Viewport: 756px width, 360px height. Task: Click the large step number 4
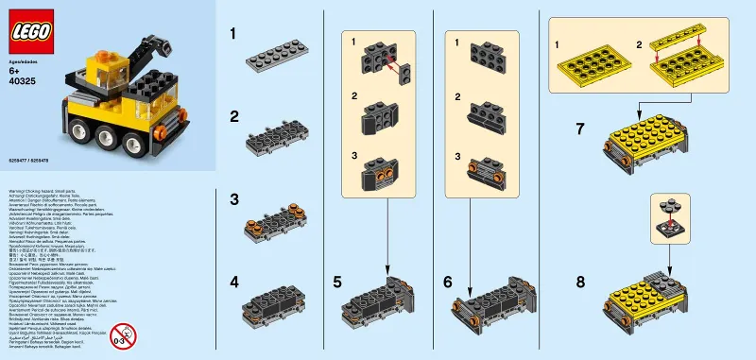pos(232,282)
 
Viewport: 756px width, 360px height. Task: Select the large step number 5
pos(336,282)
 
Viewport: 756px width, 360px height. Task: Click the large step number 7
pos(580,129)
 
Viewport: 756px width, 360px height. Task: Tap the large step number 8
pos(580,282)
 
